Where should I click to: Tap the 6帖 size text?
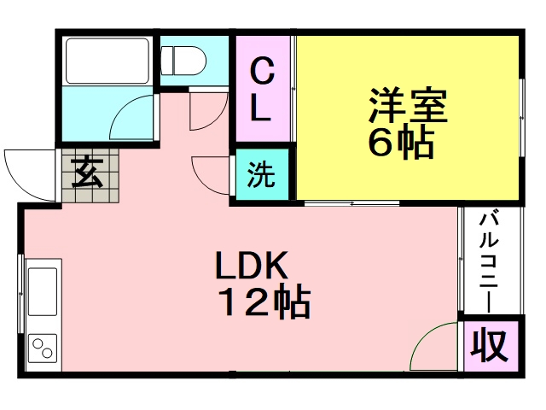[x=401, y=143]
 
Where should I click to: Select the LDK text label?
[x=253, y=267]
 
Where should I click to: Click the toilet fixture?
[x=183, y=59]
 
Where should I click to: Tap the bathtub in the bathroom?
[x=105, y=60]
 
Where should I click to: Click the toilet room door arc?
[x=205, y=111]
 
